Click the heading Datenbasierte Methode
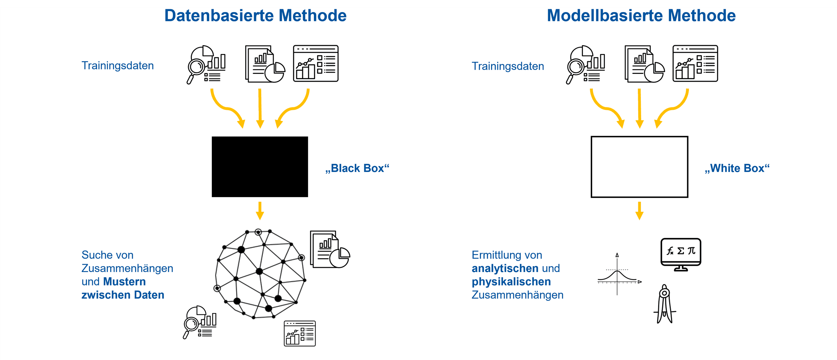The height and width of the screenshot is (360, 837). coord(255,16)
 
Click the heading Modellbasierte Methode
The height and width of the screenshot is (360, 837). coord(641,16)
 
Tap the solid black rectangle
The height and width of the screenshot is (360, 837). coord(260,167)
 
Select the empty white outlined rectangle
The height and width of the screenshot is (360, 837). coord(639,167)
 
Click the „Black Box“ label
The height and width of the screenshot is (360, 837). coord(357,168)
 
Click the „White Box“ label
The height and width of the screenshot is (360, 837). coord(737,168)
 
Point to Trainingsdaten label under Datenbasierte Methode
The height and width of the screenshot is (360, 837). coord(117,66)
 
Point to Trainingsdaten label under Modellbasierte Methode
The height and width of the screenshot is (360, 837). coord(507,66)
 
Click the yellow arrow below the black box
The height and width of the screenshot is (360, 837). coord(260,211)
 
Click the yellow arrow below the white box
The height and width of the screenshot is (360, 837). coord(639,211)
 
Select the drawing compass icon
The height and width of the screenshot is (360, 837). coord(664,304)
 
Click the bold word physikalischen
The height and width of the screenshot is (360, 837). coord(511,282)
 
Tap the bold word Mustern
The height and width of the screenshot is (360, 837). coord(124,282)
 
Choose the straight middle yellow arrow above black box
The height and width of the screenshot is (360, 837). coord(260,108)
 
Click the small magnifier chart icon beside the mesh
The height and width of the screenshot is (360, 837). coord(199,322)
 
